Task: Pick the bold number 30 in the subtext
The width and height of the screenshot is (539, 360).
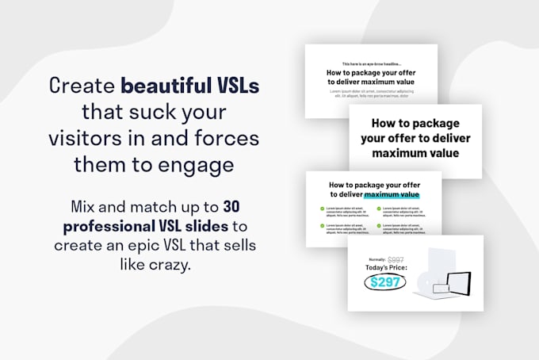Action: [231, 206]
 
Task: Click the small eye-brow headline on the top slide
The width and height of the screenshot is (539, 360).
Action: [372, 63]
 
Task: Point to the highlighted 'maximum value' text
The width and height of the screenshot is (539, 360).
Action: [391, 194]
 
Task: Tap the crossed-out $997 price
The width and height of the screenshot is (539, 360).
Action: [396, 259]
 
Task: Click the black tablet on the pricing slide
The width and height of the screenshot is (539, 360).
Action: [457, 281]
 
